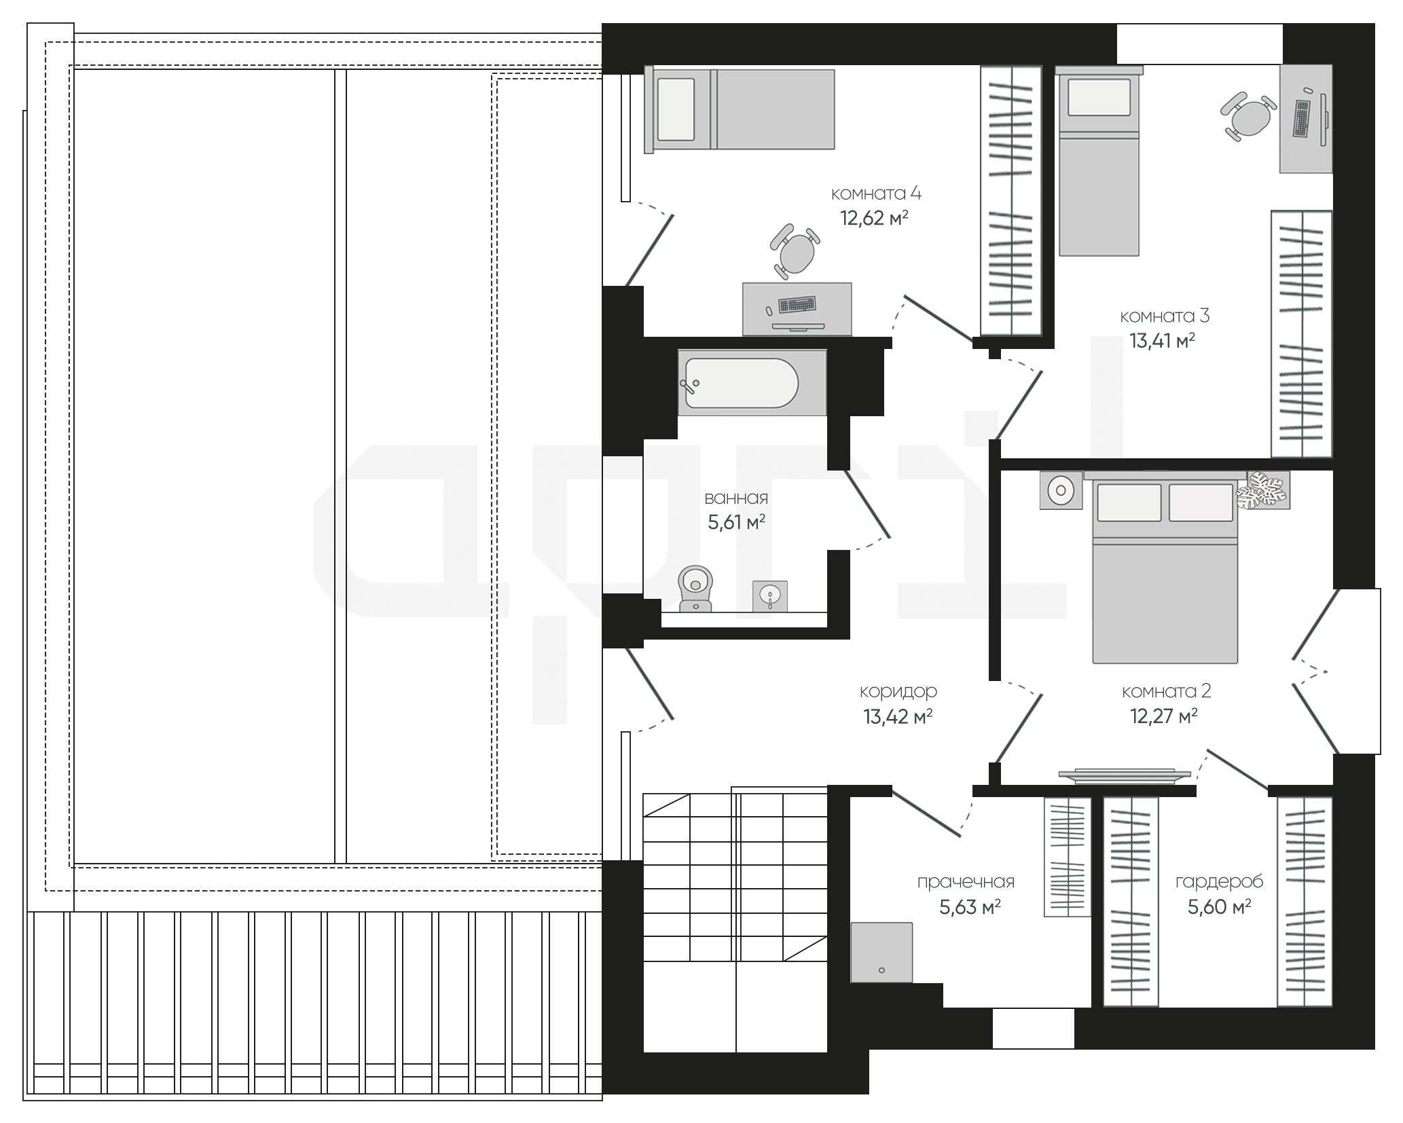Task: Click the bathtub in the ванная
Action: click(x=752, y=383)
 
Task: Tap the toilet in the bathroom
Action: click(x=695, y=589)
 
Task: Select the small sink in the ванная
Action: click(x=770, y=596)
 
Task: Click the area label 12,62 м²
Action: click(x=874, y=219)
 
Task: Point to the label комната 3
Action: click(x=1165, y=316)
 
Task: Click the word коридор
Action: click(x=898, y=692)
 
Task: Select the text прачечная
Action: click(x=966, y=882)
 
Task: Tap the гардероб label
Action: click(x=1219, y=882)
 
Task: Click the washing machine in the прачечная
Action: click(x=881, y=952)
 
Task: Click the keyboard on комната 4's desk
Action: click(x=797, y=304)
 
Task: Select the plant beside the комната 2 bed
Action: click(x=1263, y=490)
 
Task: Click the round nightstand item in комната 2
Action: click(x=1061, y=490)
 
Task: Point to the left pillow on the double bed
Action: click(x=1129, y=502)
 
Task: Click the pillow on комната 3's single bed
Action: click(x=1099, y=97)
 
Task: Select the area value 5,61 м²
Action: click(x=737, y=522)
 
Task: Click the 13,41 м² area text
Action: click(x=1162, y=340)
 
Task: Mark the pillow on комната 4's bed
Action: click(x=676, y=109)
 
